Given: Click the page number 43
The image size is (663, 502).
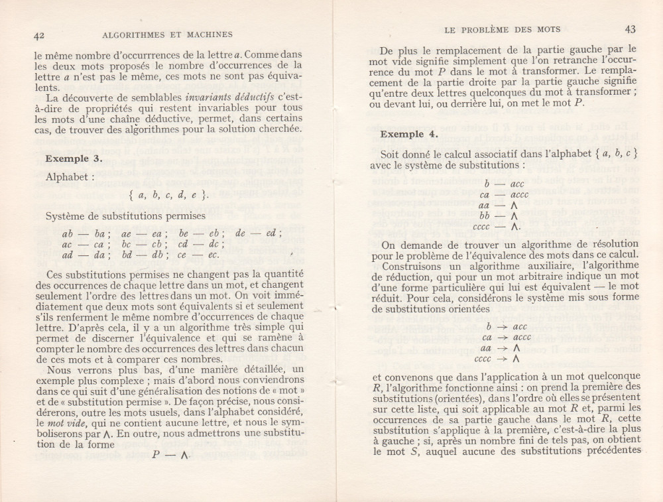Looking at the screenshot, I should click(630, 29).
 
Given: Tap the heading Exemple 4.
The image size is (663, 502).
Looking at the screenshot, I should click(409, 134).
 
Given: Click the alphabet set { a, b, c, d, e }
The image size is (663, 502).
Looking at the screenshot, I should click(169, 195).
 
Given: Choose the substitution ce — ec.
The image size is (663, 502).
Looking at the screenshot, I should click(203, 255).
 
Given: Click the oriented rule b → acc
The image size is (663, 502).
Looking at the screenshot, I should click(506, 327).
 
